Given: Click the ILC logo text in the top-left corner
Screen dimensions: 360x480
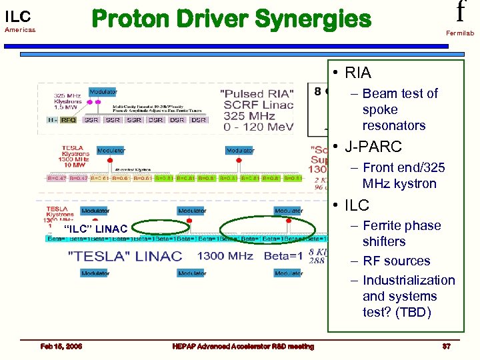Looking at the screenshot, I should click(x=18, y=17).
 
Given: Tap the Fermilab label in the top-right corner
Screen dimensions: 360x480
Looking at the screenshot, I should click(x=460, y=33).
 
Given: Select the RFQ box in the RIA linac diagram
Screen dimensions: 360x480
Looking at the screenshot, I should click(x=69, y=120).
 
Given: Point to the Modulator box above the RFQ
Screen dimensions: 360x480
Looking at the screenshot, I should click(x=103, y=92).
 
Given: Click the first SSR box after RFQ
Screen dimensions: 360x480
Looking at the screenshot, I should click(x=91, y=120).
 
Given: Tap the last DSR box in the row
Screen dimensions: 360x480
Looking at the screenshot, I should click(x=199, y=120).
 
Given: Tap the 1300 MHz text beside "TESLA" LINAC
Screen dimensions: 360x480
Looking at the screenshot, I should click(x=225, y=256).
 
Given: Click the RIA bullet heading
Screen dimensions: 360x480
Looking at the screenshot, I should click(x=358, y=73).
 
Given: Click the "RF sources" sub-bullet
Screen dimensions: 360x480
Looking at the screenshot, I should click(x=397, y=261).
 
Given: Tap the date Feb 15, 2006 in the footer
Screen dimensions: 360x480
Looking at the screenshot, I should click(x=61, y=346).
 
